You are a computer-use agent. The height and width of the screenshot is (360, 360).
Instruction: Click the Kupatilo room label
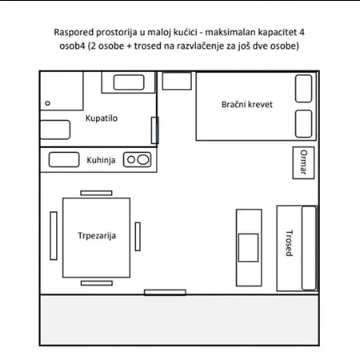tap(102, 118)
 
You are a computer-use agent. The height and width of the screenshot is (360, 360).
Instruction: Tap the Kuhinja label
tap(101, 160)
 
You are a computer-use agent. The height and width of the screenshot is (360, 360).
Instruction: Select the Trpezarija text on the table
tap(97, 236)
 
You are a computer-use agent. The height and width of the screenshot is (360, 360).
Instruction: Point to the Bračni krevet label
tap(247, 104)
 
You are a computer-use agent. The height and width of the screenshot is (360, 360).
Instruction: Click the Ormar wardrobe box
tap(303, 162)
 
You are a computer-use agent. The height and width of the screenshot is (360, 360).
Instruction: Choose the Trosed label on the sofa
tap(290, 243)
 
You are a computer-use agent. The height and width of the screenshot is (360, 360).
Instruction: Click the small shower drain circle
tap(47, 103)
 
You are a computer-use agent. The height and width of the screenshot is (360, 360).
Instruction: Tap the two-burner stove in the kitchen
tap(138, 160)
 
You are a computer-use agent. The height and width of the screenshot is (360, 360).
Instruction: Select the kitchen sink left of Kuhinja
tap(64, 160)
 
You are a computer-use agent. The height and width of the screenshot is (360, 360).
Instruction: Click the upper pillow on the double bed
tap(303, 89)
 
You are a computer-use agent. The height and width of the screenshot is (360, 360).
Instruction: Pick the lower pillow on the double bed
tap(303, 124)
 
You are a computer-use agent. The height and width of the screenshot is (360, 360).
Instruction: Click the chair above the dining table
tap(96, 193)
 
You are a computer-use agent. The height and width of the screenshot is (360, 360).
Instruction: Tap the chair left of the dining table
tap(54, 236)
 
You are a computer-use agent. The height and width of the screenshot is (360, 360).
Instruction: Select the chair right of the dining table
tap(138, 237)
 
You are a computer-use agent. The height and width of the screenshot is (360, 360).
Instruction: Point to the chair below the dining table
tap(97, 283)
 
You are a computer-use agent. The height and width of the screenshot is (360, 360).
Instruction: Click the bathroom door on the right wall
tap(155, 130)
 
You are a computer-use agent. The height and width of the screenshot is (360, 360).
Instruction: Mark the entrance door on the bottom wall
tap(165, 293)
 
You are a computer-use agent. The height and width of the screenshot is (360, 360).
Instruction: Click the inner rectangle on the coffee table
tap(248, 248)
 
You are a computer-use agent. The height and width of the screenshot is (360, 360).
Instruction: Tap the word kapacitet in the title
tap(274, 32)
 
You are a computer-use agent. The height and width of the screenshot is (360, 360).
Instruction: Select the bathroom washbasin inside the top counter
tap(129, 82)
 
